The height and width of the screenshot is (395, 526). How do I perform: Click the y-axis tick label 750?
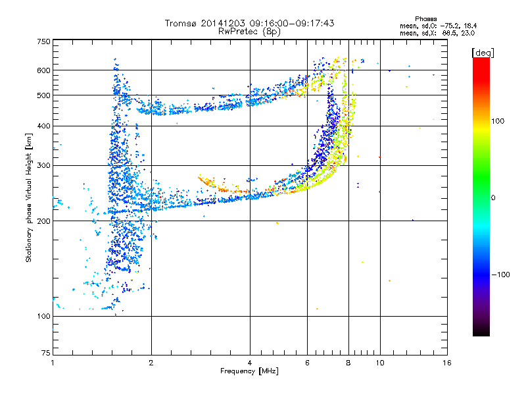click(43, 41)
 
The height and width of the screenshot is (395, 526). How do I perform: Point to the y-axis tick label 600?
click(43, 70)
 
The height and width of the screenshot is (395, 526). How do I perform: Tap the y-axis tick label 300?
click(43, 165)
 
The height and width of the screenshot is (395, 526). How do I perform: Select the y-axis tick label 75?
click(45, 353)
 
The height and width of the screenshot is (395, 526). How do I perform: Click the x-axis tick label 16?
click(446, 363)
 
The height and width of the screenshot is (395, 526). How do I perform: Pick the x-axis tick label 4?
click(250, 363)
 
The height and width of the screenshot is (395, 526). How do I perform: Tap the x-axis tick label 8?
click(348, 363)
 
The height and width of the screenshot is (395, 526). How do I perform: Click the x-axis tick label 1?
click(53, 363)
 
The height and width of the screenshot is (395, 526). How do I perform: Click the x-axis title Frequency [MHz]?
click(249, 371)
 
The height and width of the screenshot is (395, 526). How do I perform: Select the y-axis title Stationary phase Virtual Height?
click(29, 197)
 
